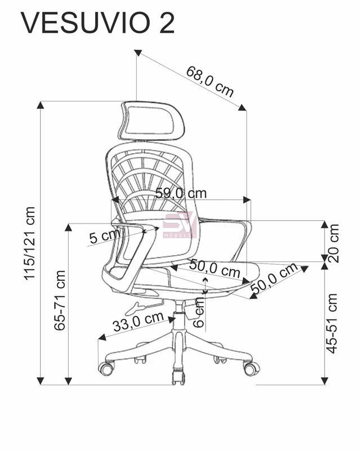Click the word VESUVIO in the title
coord(85,24)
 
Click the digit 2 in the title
coord(166,24)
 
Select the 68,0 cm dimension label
coord(210,81)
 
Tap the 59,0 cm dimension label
coord(181,193)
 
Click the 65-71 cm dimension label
coord(60,300)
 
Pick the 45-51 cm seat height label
coord(332,323)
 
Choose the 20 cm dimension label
coord(333,243)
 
